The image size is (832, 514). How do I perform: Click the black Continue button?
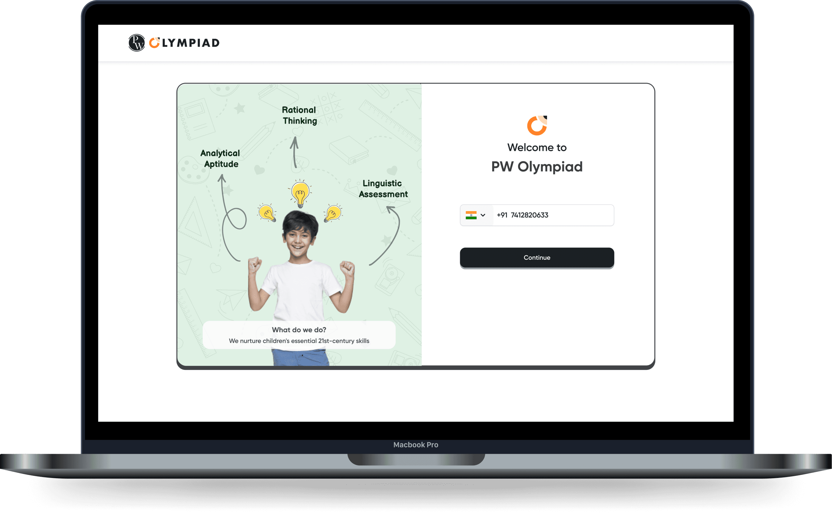[537, 258]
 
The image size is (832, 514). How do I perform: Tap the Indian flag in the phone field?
[471, 215]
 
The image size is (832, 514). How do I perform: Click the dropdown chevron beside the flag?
[483, 215]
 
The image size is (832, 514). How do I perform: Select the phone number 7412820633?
[529, 215]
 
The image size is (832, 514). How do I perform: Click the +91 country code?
[502, 215]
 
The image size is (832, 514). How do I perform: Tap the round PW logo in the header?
[137, 43]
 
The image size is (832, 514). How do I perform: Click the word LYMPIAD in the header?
[191, 43]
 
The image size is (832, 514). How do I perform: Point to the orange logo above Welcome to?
[537, 126]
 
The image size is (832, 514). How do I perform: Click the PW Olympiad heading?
[537, 167]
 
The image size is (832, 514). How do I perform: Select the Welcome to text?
[537, 148]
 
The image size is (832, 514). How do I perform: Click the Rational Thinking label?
[299, 115]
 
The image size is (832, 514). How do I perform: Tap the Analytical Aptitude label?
[221, 158]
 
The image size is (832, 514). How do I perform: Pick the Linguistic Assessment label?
[383, 189]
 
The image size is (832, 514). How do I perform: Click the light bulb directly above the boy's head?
[300, 194]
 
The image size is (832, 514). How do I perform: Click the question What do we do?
[299, 330]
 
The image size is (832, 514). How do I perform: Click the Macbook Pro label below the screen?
[416, 445]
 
